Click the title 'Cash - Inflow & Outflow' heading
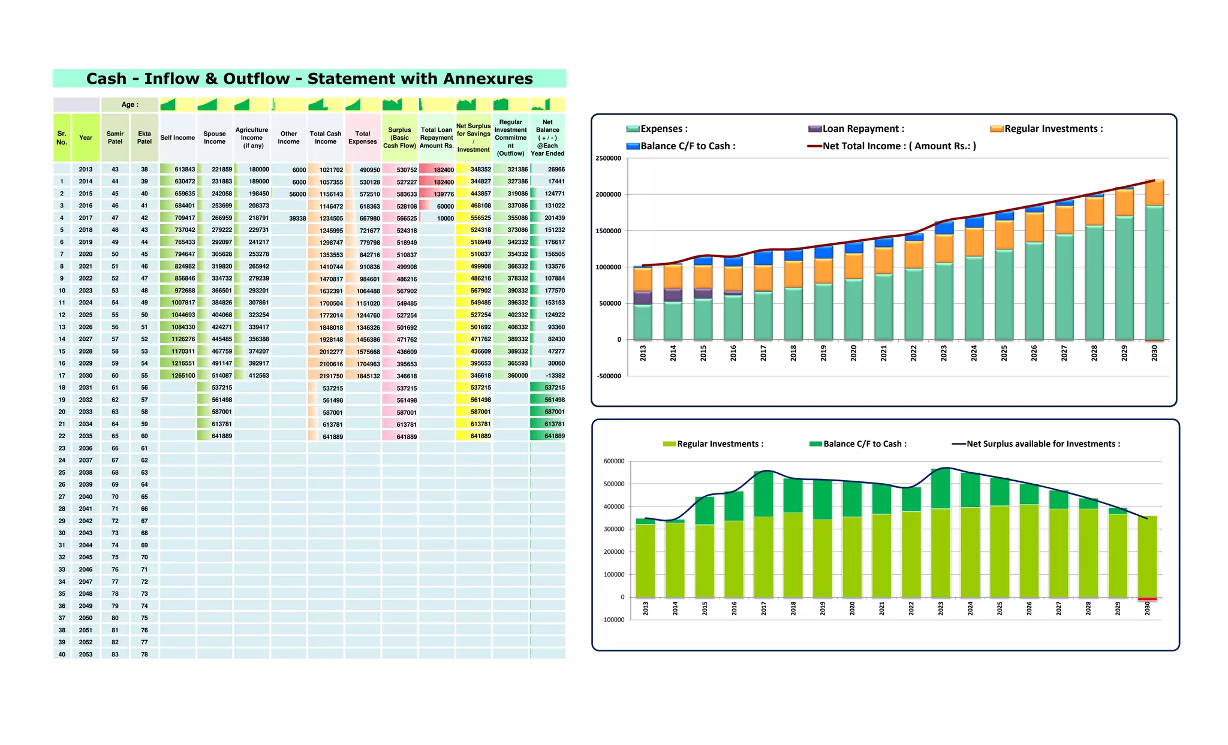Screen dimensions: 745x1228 [309, 79]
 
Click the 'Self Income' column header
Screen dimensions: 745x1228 [177, 138]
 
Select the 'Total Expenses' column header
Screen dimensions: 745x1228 [362, 138]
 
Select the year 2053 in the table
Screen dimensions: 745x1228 [86, 654]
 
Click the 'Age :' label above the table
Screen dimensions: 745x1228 [130, 104]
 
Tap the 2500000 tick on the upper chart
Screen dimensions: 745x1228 [608, 158]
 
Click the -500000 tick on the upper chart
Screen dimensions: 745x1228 [608, 376]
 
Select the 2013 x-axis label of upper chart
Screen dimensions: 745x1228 [643, 353]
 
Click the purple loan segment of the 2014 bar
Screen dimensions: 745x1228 [673, 295]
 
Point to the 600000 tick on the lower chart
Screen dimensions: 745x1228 [613, 462]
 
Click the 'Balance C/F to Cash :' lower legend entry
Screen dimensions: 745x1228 [864, 444]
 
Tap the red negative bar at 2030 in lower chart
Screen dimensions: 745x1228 [1147, 599]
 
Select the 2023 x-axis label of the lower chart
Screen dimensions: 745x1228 [940, 609]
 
